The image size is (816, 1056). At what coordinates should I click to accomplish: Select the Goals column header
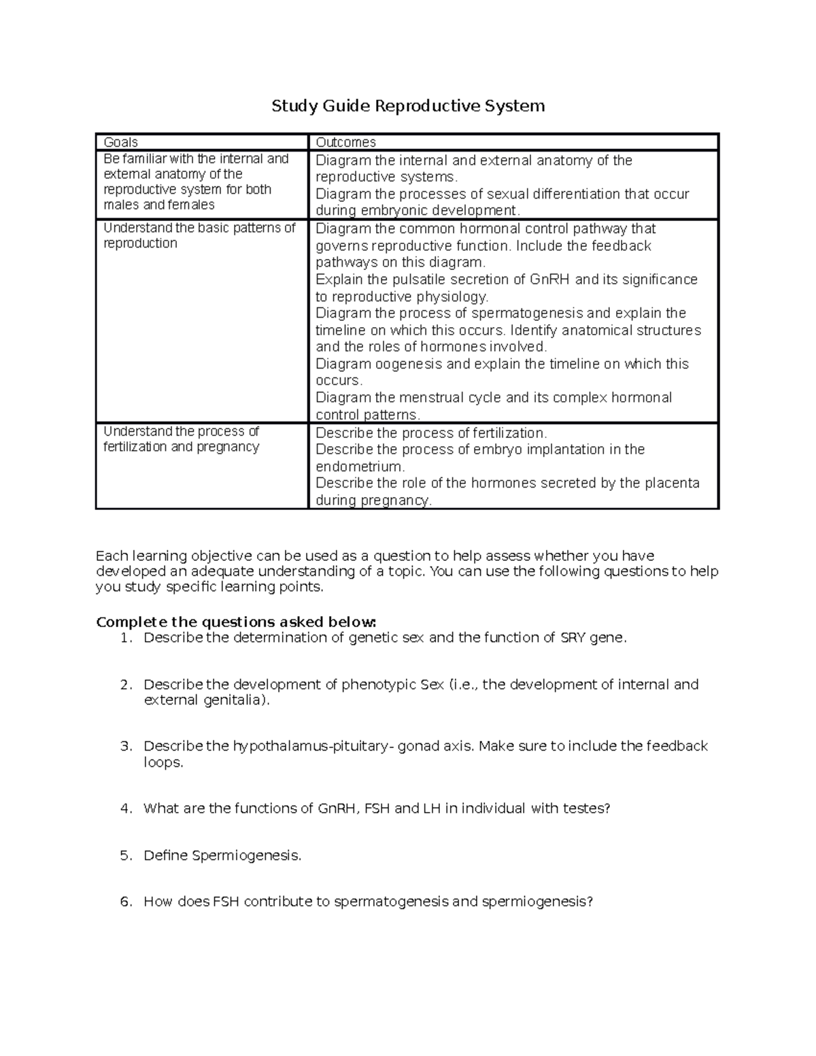click(120, 142)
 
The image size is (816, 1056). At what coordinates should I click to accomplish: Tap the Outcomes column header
click(345, 142)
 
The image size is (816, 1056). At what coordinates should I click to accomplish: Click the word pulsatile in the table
click(425, 279)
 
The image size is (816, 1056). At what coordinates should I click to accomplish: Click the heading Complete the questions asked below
click(236, 622)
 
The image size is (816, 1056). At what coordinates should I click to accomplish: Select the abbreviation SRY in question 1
click(573, 638)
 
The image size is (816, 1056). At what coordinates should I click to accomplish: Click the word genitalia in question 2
click(232, 700)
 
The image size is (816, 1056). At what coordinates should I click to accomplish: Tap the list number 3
click(126, 746)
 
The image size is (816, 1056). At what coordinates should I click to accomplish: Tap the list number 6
click(126, 902)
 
